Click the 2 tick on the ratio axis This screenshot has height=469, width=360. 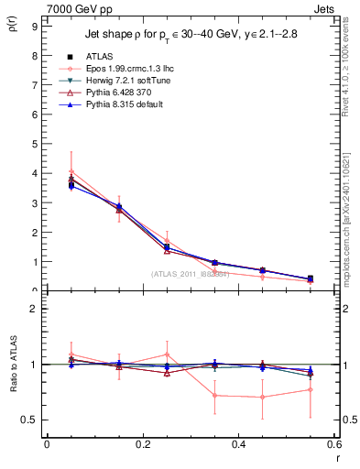[x=34, y=309]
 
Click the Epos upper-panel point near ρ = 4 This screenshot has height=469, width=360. [x=71, y=171]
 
